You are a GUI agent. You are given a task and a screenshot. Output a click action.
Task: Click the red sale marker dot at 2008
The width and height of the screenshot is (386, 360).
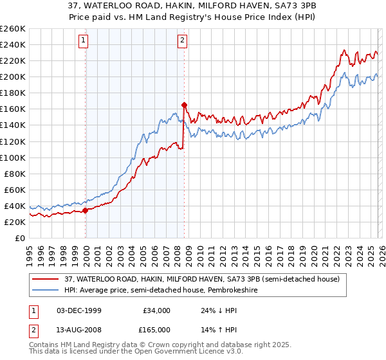coord(184,104)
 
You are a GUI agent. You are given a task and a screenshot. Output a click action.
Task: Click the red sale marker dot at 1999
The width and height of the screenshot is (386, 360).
coord(85,210)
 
